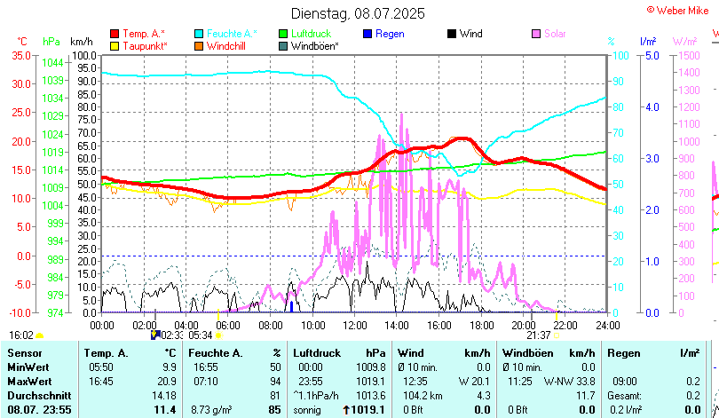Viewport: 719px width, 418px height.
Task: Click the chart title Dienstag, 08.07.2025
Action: coord(358,13)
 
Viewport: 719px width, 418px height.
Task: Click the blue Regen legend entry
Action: coord(390,34)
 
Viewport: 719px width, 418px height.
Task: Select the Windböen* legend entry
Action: coord(314,45)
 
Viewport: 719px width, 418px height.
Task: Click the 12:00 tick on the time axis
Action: coord(353,325)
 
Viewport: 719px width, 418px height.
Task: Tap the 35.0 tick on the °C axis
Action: coord(20,55)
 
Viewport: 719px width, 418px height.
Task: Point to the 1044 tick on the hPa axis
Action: coord(52,63)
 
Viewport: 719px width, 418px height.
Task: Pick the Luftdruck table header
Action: coord(317,353)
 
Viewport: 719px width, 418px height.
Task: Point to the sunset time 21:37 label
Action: coord(539,335)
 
